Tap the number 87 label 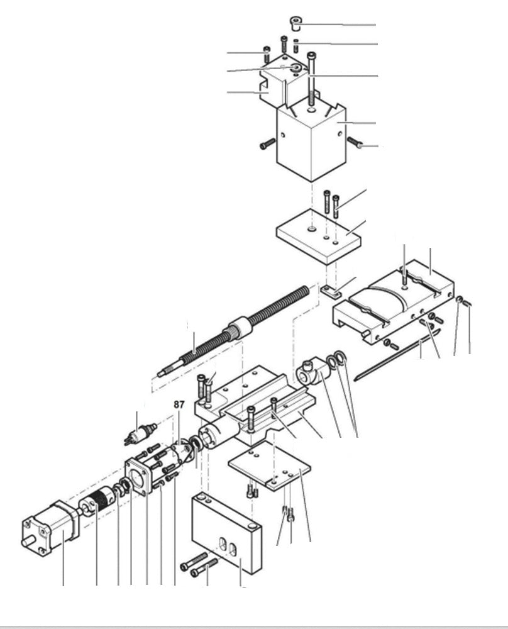(179, 405)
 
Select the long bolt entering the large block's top (311, 82)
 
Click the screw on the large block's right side (355, 143)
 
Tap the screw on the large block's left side (267, 144)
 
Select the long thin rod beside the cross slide (396, 355)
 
